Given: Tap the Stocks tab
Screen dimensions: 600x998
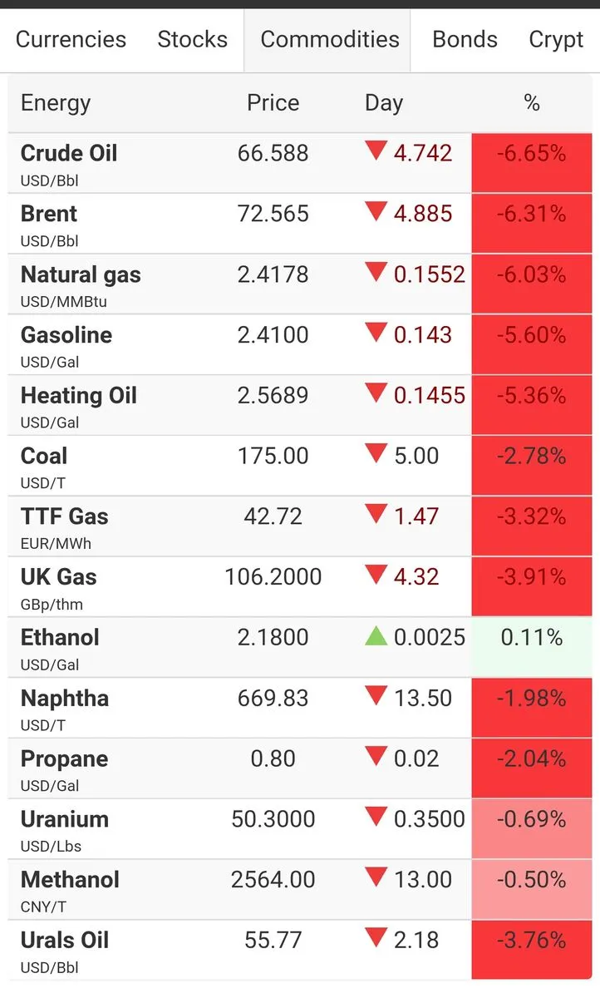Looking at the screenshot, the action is click(x=192, y=39).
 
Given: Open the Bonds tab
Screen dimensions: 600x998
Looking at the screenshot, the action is click(x=465, y=39).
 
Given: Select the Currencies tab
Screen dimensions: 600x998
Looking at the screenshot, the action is click(x=71, y=39).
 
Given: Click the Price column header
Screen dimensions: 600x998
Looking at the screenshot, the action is click(x=273, y=103).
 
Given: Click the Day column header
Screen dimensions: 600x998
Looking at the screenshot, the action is click(x=384, y=104).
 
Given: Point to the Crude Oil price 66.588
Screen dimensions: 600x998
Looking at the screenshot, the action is click(x=273, y=153).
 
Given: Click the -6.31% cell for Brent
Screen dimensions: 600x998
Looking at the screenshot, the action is click(x=532, y=223).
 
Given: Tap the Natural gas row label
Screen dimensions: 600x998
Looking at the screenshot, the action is click(x=81, y=275).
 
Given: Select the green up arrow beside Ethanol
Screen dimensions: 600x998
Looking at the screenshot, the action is click(x=376, y=635).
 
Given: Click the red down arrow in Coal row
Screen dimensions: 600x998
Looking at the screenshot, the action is click(x=376, y=453).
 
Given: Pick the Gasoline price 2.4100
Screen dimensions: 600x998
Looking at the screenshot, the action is click(x=273, y=335).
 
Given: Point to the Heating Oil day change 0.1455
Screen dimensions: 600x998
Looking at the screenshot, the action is click(x=430, y=396).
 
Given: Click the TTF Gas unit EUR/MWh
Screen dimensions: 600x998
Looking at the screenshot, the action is click(x=56, y=544).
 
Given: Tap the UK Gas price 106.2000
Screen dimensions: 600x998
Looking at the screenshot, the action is click(x=273, y=577).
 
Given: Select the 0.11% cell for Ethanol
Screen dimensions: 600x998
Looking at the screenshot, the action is click(x=532, y=647).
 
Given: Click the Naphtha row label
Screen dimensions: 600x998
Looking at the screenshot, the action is click(x=65, y=698).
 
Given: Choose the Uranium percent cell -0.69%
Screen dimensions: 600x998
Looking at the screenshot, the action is click(x=532, y=828).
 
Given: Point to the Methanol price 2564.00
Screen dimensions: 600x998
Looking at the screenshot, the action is click(x=273, y=880).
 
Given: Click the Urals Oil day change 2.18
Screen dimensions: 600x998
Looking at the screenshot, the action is click(x=416, y=941).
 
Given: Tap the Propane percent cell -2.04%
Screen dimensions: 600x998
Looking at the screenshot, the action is click(x=532, y=768).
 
